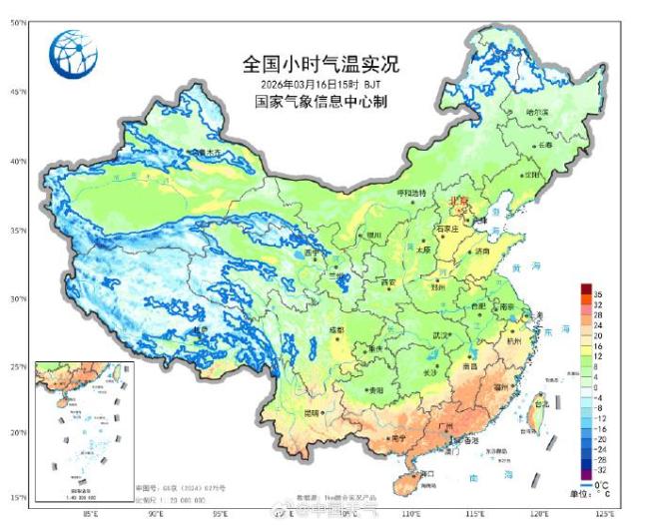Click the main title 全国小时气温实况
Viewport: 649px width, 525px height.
coord(321,65)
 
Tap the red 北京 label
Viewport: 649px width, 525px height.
coord(460,201)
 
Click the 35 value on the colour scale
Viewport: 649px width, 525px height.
coord(599,296)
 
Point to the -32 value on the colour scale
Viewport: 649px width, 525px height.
coord(601,468)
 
